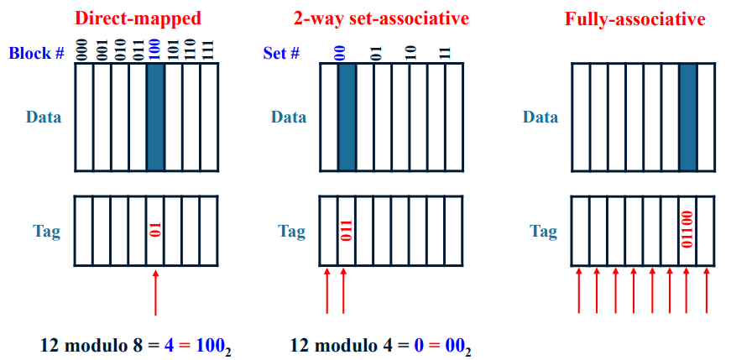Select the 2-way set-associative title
click(382, 18)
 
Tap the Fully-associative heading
click(634, 18)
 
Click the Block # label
click(37, 54)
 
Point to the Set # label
click(281, 54)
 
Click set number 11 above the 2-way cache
click(445, 52)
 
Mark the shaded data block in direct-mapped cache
click(155, 117)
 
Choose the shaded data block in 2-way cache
click(347, 117)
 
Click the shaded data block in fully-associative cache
click(687, 117)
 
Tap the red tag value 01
click(155, 230)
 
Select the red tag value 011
click(347, 230)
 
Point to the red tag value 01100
click(687, 230)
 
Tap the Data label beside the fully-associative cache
click(540, 117)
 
